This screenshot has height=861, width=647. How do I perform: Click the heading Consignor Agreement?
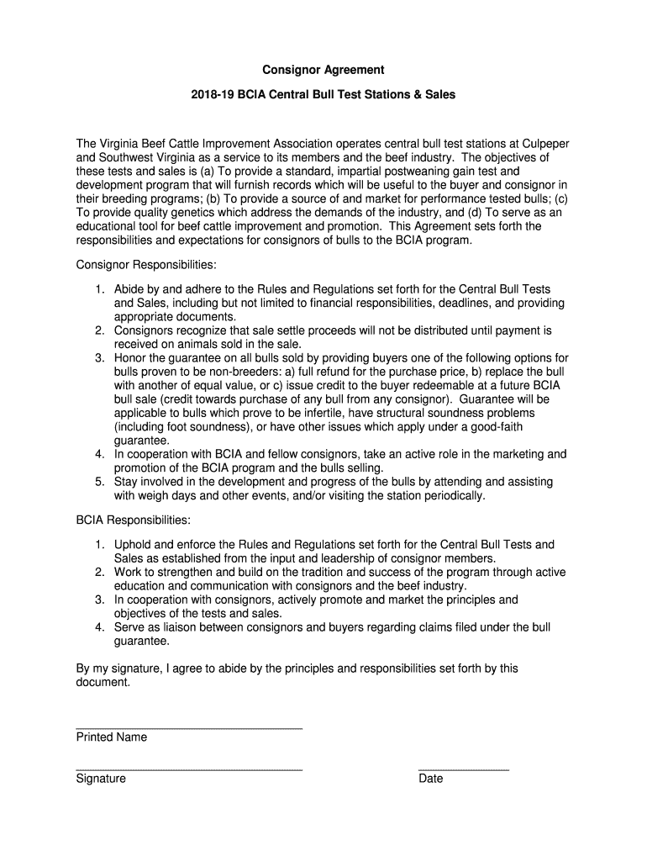(323, 70)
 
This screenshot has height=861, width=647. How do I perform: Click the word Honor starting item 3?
(130, 357)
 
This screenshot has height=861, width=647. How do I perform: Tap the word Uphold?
(133, 544)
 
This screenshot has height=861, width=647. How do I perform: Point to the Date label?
(431, 779)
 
